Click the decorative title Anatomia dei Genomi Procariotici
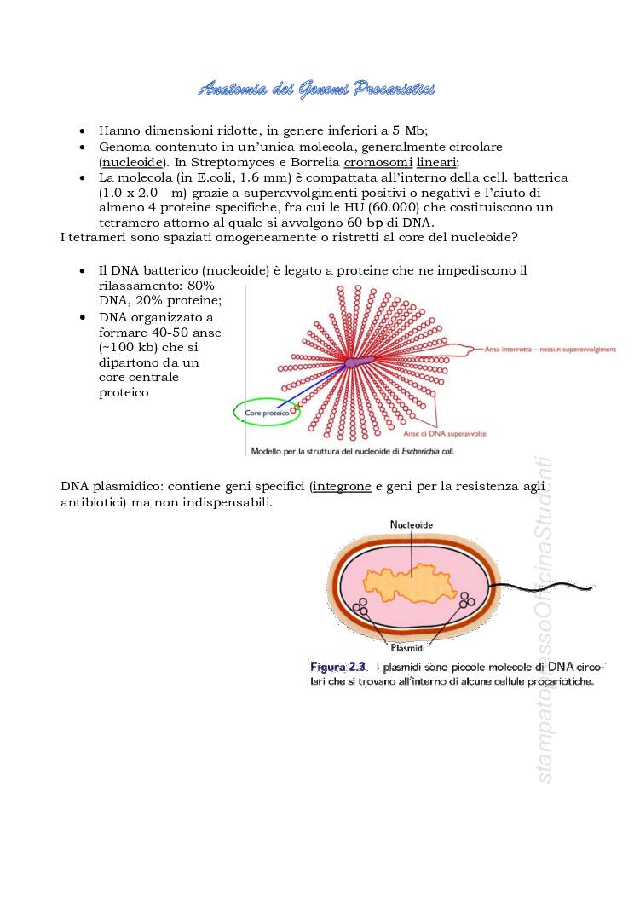coord(316,89)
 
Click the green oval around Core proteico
coord(267,413)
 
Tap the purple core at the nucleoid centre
coord(357,362)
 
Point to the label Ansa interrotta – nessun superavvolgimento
coord(550,349)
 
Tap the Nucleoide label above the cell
coord(411,524)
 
